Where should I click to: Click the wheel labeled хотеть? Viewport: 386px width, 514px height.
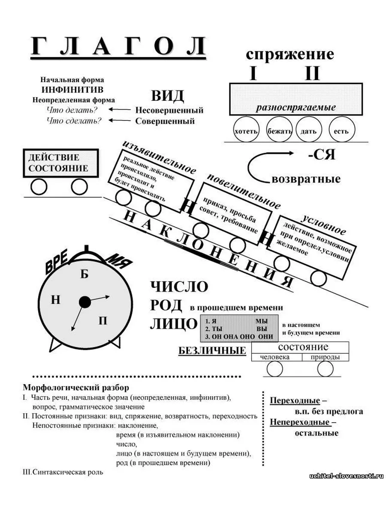pos(246,129)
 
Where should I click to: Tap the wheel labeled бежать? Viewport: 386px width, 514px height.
pos(279,129)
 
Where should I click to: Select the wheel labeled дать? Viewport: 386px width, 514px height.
pos(308,129)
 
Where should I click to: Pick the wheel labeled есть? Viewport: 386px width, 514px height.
pos(342,129)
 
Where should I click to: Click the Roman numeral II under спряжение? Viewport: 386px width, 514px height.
pos(313,73)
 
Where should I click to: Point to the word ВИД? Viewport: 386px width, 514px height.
pos(168,96)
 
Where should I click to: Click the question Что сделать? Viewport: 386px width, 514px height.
pos(74,121)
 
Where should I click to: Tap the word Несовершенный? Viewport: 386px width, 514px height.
pos(169,110)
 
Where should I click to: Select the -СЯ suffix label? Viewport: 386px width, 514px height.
pos(322,155)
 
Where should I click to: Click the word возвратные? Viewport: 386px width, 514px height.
pos(306,179)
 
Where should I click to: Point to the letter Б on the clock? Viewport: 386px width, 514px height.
pos(84,274)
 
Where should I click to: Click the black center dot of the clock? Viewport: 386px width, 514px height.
pos(84,302)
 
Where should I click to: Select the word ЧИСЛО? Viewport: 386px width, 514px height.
pos(179,287)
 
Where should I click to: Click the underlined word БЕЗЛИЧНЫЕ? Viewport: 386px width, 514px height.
pos(212,351)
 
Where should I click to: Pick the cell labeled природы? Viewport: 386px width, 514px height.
pos(325,357)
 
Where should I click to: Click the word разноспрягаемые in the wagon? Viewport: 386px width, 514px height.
pos(296,108)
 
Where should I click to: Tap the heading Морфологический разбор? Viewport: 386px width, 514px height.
pos(76,388)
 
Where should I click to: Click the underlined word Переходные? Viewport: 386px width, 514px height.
pos(295,400)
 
